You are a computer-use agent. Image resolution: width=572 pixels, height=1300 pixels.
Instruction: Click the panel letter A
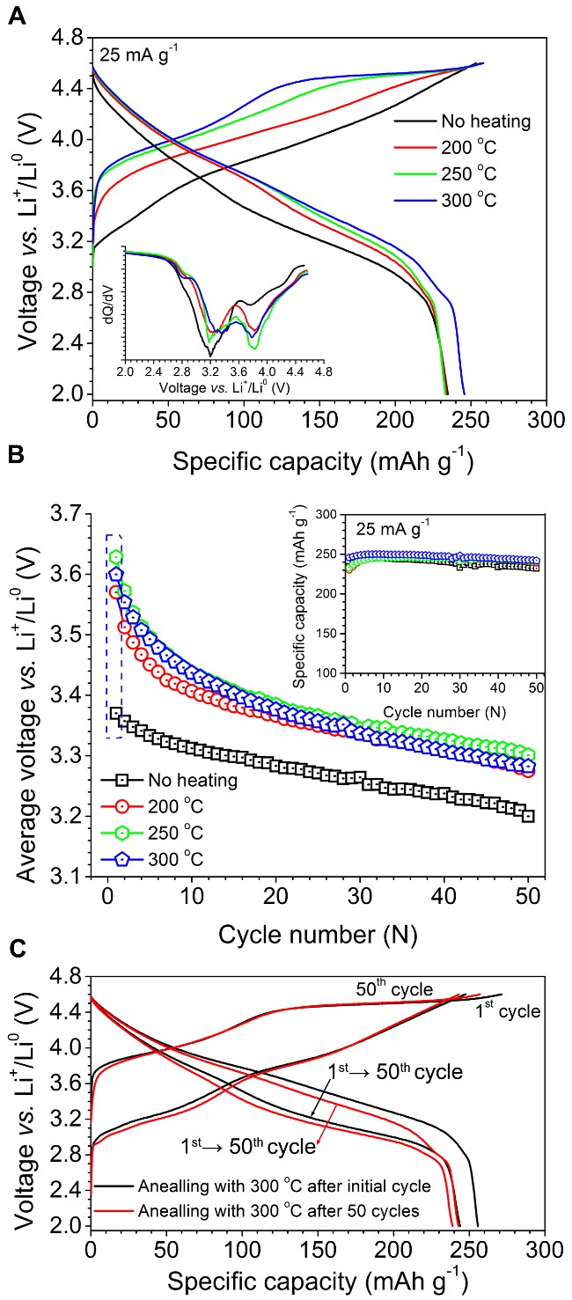[15, 16]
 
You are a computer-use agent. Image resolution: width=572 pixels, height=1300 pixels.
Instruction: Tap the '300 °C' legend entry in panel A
[464, 200]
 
